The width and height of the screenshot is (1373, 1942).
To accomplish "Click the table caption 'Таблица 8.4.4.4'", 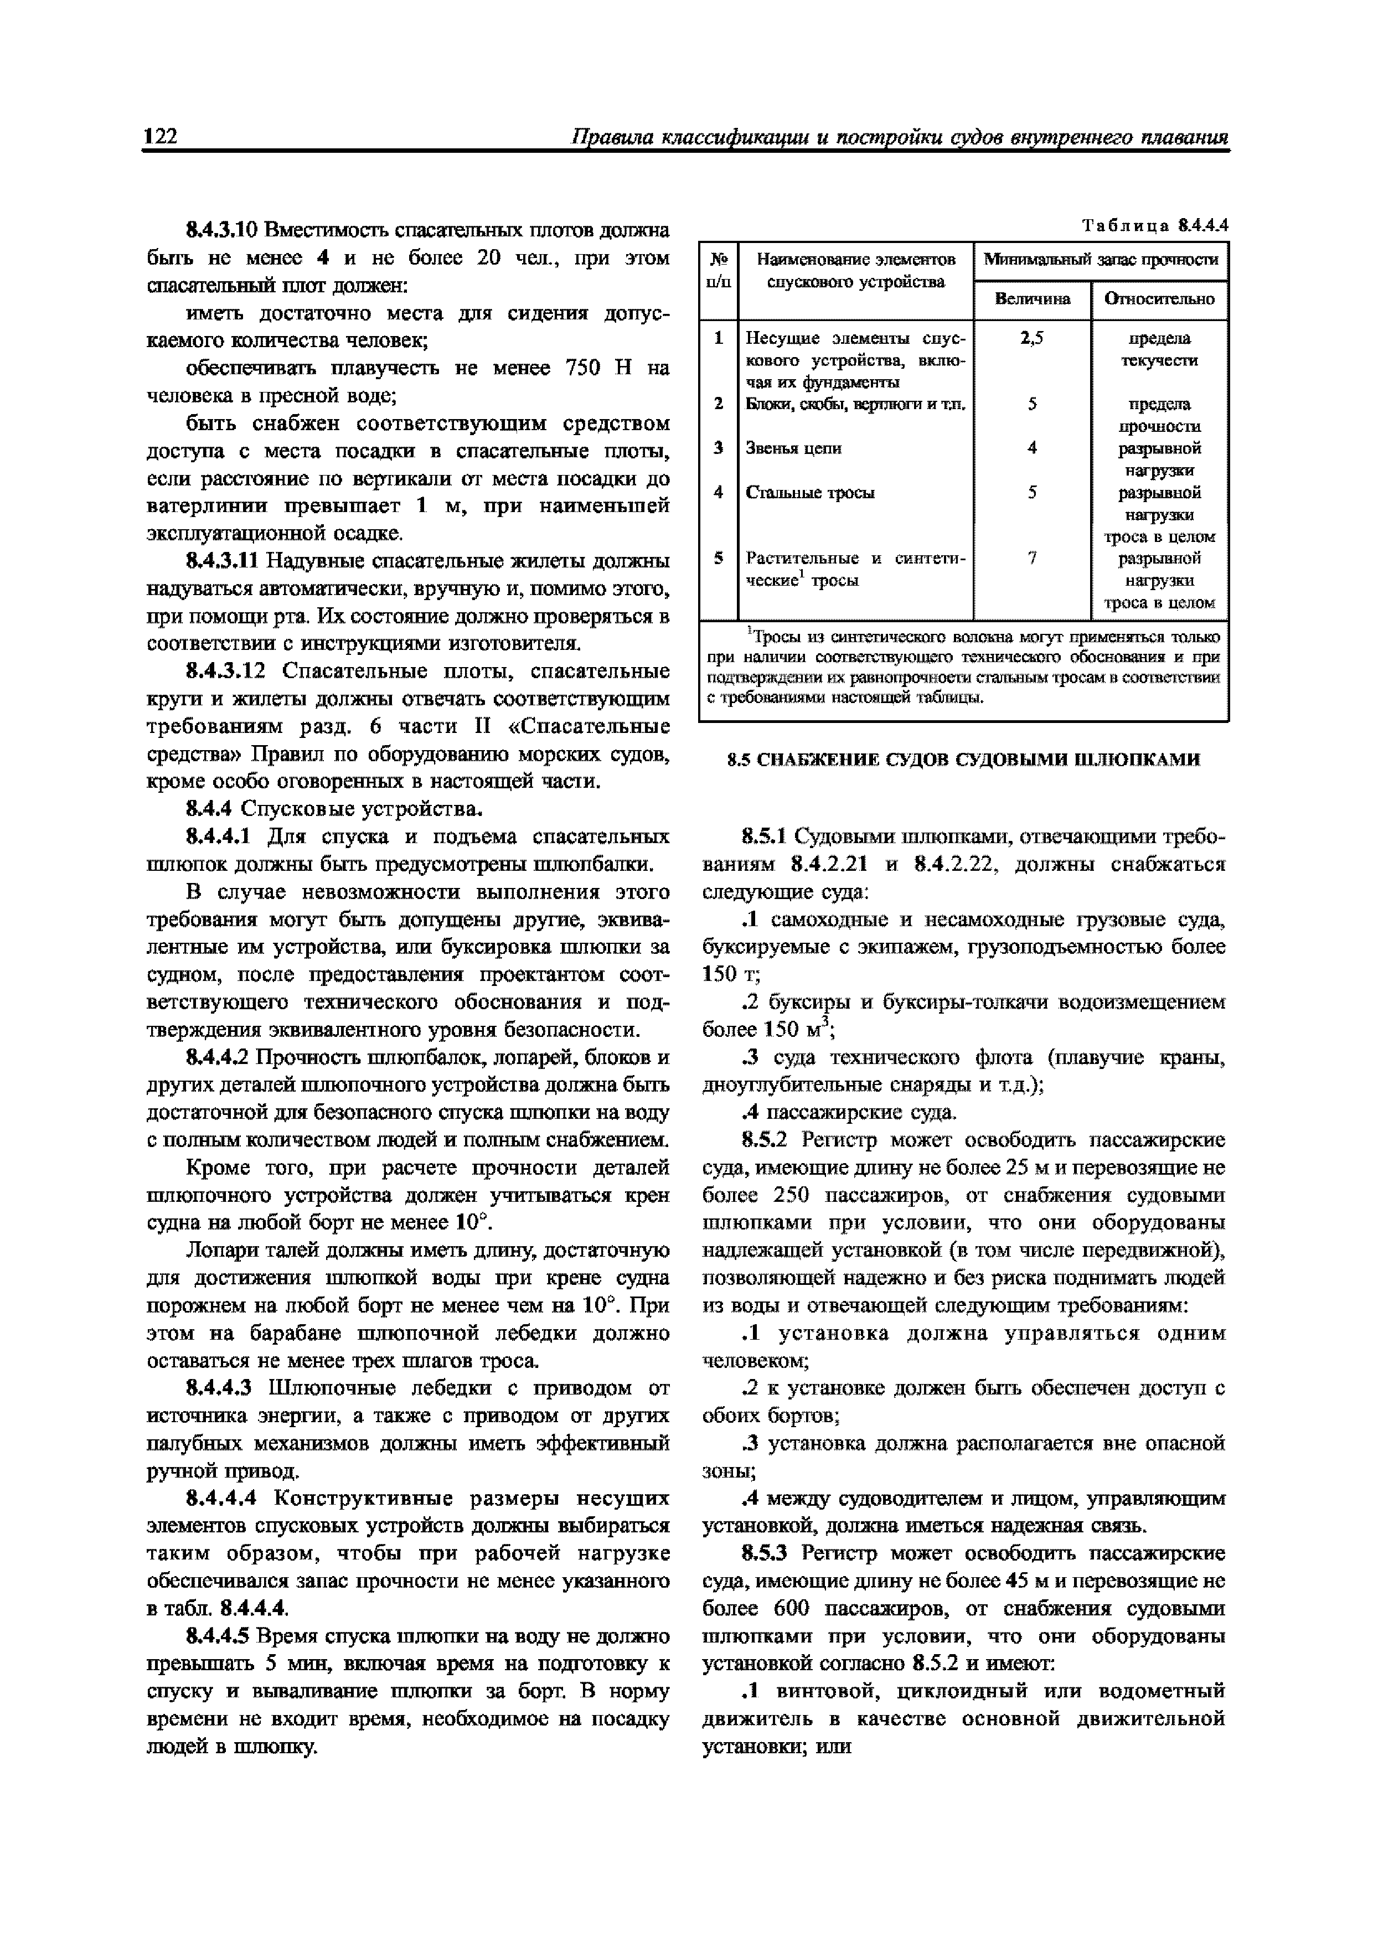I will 1155,226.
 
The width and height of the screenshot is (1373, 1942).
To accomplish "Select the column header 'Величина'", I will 1031,298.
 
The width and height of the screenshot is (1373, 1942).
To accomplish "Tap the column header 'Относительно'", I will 1159,298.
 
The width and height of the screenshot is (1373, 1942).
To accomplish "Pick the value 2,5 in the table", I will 1031,338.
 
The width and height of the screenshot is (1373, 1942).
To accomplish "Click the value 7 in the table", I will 1031,558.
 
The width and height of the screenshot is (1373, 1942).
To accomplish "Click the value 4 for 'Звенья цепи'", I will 1031,448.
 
